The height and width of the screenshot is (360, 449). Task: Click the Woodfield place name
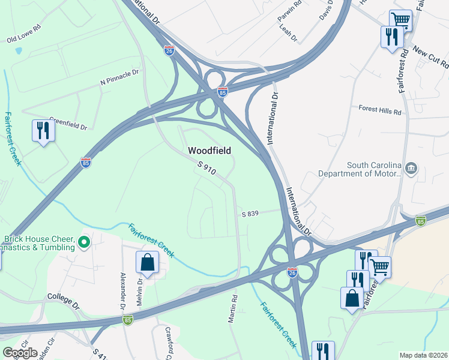(209, 150)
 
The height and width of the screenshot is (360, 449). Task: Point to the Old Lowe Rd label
(23, 40)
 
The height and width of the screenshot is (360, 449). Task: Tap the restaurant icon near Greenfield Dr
(43, 131)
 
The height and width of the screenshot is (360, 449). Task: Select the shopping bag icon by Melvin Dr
(148, 262)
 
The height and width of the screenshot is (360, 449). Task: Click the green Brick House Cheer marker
(84, 242)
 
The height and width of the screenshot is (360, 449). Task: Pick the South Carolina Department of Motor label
(372, 170)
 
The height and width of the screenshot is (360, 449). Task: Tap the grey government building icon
(411, 167)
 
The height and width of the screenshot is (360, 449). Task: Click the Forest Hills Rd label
(379, 109)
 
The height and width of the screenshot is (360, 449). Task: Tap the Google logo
(20, 353)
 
